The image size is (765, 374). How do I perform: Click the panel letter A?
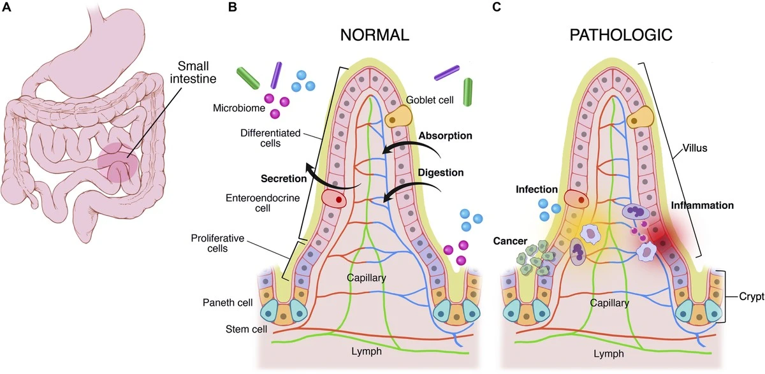6,7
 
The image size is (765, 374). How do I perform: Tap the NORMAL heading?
375,35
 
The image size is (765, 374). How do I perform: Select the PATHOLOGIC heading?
621,35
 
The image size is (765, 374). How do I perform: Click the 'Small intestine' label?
193,73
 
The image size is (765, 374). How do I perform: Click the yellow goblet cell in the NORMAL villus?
398,117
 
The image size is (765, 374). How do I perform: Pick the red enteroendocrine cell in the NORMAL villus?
334,199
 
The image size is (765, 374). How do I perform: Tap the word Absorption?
446,136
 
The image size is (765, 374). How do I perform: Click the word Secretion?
284,178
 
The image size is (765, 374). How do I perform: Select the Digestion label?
441,173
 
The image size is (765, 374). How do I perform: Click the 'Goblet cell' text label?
430,100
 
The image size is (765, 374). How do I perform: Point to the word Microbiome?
238,108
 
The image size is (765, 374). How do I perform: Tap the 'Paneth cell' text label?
228,303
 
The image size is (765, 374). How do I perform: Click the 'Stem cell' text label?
246,329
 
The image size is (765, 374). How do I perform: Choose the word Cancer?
510,241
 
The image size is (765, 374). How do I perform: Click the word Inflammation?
703,205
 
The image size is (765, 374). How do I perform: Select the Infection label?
537,189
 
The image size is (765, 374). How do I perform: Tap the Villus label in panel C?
695,148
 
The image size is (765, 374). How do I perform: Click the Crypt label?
752,296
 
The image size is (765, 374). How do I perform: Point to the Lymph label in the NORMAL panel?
367,352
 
